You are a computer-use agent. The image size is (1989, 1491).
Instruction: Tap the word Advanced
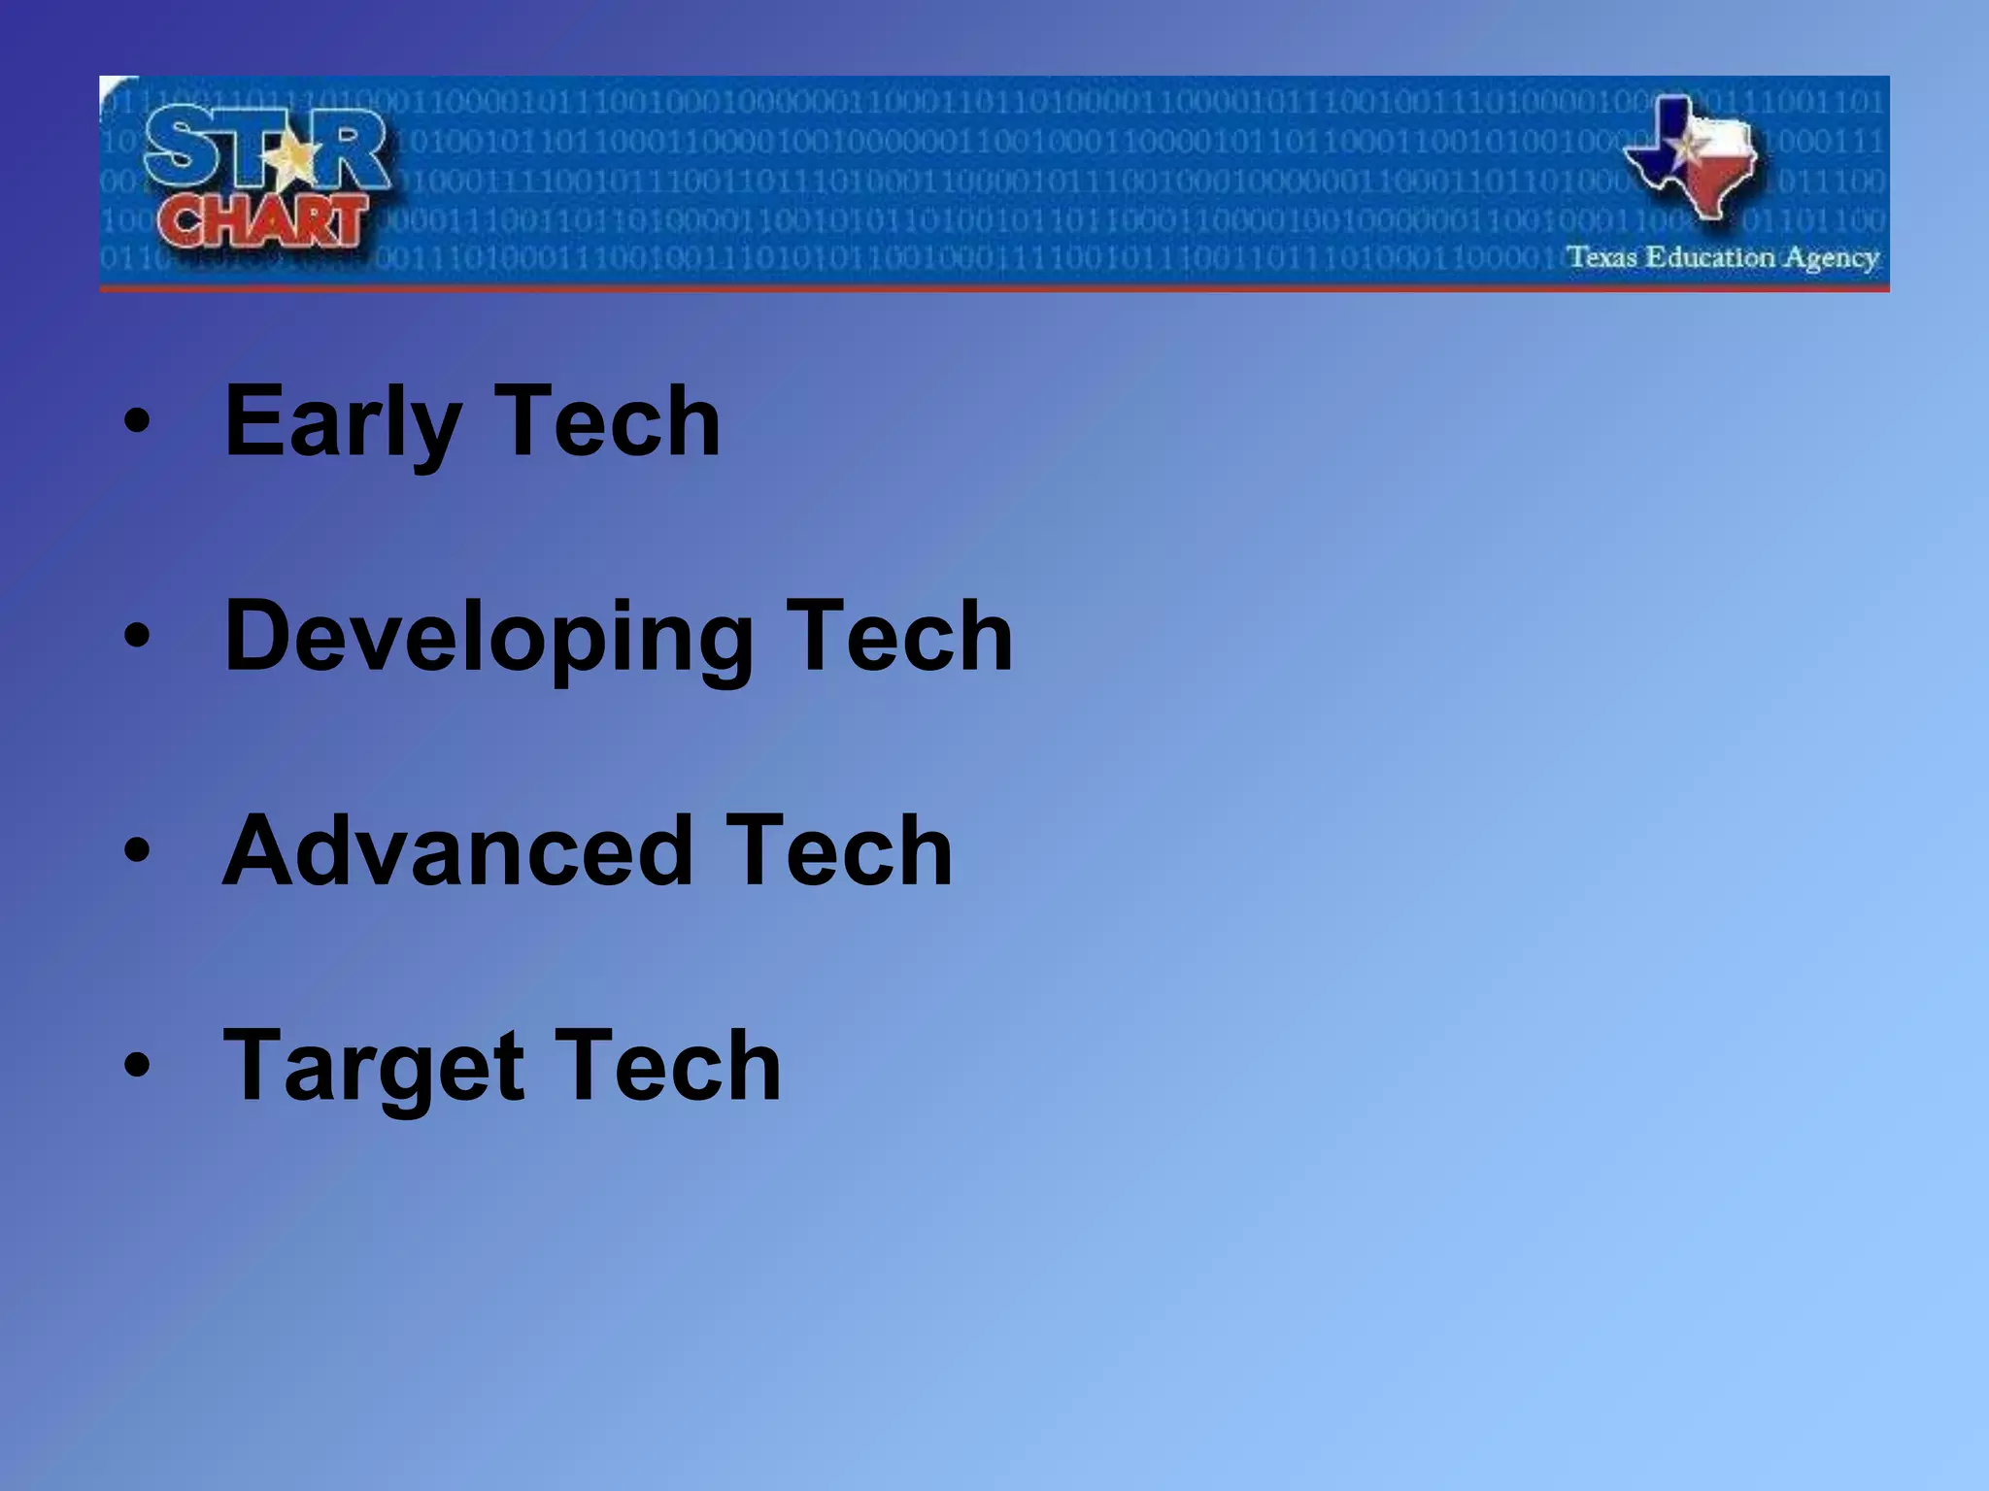pos(456,851)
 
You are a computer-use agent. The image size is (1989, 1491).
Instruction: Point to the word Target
pos(374,1067)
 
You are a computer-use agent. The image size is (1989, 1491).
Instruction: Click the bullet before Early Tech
pos(138,422)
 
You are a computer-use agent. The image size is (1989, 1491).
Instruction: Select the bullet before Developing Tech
pos(138,637)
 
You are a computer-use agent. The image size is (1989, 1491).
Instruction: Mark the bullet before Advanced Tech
pos(138,851)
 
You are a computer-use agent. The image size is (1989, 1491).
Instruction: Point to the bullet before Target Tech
pos(138,1066)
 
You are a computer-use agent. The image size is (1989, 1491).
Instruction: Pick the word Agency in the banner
pos(1831,259)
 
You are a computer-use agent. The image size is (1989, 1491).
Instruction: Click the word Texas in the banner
pos(1602,257)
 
